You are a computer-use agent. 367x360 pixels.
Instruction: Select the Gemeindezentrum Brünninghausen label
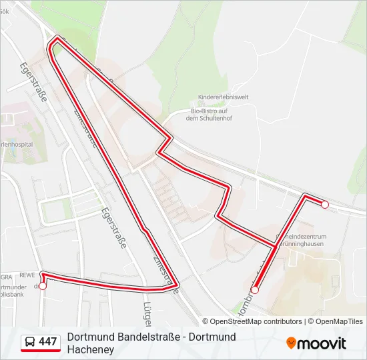coord(300,239)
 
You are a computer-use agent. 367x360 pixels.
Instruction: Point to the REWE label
coord(27,275)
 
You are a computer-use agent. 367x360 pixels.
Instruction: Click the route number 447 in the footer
coord(48,342)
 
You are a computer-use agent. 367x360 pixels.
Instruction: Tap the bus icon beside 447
coord(31,343)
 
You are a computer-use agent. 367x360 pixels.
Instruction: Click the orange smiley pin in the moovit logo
coord(291,343)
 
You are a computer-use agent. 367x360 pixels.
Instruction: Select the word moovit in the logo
coord(322,343)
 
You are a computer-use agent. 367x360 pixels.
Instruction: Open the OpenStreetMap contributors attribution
coord(256,321)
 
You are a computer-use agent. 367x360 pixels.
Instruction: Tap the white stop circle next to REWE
coord(43,286)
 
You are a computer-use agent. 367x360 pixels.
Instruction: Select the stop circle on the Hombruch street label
coord(254,290)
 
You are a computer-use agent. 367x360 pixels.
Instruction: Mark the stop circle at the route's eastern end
coord(325,205)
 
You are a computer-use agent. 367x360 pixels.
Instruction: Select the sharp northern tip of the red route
coord(57,39)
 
